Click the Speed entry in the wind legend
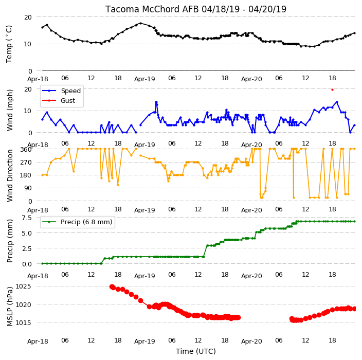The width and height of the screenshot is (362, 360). (70, 91)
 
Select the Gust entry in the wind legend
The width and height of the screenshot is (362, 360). (68, 101)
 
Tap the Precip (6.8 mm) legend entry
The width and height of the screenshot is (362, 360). (86, 222)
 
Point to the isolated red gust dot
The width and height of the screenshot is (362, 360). (333, 90)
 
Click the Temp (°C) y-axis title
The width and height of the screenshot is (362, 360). (9, 44)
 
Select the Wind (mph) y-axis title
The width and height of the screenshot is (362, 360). (10, 110)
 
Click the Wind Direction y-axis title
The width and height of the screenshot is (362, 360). (10, 175)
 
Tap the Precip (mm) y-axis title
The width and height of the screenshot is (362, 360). (10, 241)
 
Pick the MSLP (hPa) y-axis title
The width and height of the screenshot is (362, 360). (10, 307)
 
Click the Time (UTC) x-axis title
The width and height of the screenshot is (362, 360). (196, 351)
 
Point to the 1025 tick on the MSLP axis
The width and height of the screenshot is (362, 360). (23, 286)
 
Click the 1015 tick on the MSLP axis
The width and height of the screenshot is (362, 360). (23, 322)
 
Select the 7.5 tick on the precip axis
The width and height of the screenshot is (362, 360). (27, 218)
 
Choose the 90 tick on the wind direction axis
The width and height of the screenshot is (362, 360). (28, 188)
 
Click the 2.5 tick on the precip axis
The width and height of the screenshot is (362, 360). (27, 249)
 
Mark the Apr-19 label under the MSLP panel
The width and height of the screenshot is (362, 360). (144, 341)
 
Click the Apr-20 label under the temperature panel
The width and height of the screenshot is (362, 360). (251, 79)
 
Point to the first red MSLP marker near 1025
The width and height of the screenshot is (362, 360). (112, 286)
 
